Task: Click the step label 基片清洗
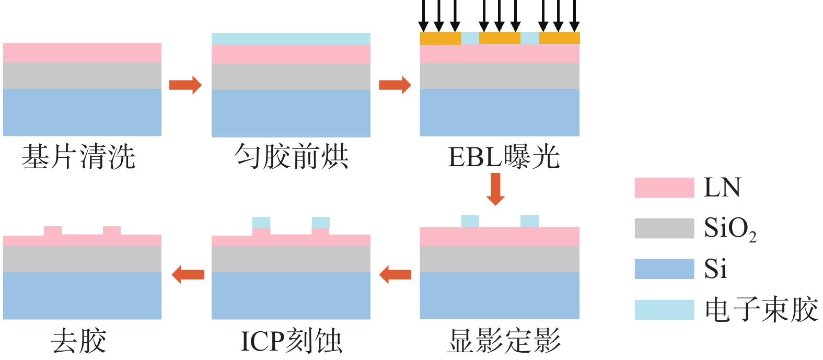click(x=78, y=157)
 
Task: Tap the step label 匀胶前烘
click(x=291, y=157)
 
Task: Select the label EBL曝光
click(x=504, y=157)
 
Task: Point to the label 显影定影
click(x=504, y=341)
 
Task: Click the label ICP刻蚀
click(x=291, y=341)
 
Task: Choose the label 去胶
click(x=78, y=341)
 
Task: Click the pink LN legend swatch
click(x=664, y=188)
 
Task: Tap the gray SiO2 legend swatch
click(x=664, y=228)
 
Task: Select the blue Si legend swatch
click(x=664, y=269)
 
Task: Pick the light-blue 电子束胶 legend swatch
click(x=664, y=309)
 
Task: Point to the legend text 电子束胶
click(x=761, y=309)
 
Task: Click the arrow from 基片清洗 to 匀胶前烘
click(x=186, y=85)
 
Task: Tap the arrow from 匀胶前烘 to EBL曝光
click(x=395, y=85)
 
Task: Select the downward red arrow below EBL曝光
click(x=495, y=189)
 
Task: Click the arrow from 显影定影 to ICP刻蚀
click(x=395, y=274)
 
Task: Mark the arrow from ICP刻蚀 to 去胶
click(x=188, y=274)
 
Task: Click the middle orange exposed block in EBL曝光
click(x=500, y=38)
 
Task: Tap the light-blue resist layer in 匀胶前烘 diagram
click(x=291, y=39)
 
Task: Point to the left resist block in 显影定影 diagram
click(x=470, y=221)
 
